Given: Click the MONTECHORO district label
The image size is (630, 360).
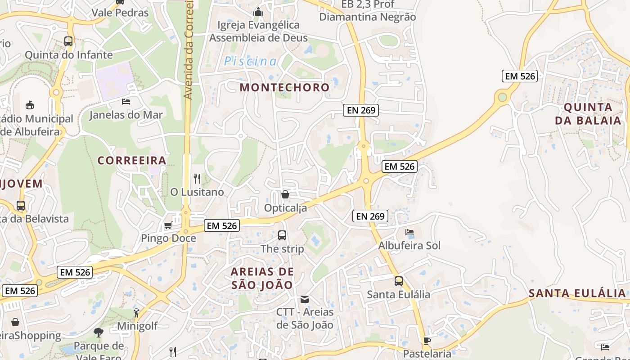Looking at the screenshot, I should click(x=284, y=87).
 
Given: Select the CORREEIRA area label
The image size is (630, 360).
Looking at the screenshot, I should click(x=132, y=160).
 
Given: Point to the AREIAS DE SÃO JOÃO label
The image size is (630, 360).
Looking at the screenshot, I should click(x=262, y=278).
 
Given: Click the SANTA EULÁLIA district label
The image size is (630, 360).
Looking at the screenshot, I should click(x=577, y=293).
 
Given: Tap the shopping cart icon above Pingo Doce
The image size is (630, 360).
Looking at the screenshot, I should click(x=168, y=225).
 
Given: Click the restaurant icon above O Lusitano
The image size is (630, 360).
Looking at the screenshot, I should click(x=197, y=179).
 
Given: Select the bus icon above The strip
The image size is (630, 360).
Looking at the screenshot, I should click(x=282, y=235).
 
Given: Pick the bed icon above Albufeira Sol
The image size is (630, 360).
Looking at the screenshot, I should click(x=409, y=232).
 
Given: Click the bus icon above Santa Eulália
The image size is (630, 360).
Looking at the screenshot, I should click(x=399, y=281).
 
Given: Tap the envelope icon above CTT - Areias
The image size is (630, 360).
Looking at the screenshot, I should click(x=305, y=299).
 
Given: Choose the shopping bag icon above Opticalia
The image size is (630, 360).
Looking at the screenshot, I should click(x=285, y=194).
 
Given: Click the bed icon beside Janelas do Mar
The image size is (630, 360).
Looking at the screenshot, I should click(x=126, y=102).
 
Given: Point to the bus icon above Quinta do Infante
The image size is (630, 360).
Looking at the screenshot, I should click(x=68, y=41).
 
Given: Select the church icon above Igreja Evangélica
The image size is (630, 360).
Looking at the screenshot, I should click(x=258, y=12).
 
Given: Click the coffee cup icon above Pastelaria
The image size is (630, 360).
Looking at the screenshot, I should click(x=427, y=341).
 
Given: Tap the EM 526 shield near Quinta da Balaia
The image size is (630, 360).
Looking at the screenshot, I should click(x=520, y=76).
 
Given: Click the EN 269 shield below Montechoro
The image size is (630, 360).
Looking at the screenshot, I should click(x=361, y=110).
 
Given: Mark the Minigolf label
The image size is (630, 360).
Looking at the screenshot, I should click(x=137, y=326).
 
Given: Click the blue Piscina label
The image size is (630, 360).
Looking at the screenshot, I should click(x=250, y=61).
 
